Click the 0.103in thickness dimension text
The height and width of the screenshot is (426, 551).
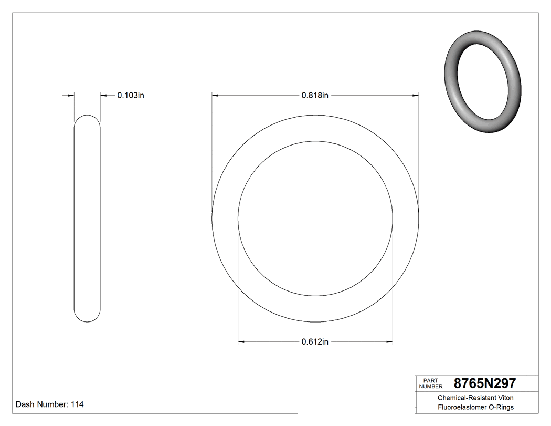130,95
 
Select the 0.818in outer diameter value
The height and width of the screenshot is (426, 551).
315,95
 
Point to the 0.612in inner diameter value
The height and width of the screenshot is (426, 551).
315,342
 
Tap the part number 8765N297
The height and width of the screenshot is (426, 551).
484,383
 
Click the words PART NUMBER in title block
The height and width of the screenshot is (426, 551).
430,383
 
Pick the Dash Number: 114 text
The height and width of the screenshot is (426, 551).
49,404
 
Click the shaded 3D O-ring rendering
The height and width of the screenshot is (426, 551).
483,81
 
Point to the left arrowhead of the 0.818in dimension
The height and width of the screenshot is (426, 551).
215,95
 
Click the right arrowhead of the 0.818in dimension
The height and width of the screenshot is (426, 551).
416,95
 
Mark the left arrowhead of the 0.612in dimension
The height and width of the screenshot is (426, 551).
241,342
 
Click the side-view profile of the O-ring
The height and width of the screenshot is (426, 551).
87,218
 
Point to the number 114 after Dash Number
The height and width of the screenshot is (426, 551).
77,404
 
